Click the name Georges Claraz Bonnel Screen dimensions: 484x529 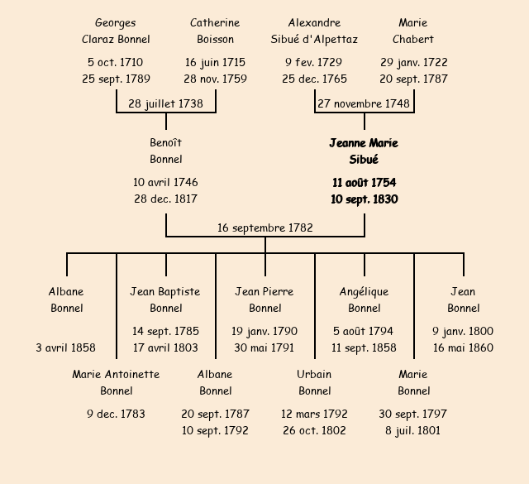coord(116,31)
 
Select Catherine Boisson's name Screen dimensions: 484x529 coord(215,31)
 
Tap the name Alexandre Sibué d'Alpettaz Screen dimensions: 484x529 coord(314,31)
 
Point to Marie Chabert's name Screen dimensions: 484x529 coord(413,31)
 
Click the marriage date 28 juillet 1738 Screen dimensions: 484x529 coord(165,104)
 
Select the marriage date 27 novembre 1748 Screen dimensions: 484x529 coord(364,104)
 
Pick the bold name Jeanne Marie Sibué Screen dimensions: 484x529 coord(364,151)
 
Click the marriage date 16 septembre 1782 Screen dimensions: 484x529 coord(264,228)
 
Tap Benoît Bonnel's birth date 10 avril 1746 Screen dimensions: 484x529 coord(165,182)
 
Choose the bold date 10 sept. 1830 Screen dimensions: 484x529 coord(364,199)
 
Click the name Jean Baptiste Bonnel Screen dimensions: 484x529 coord(165,300)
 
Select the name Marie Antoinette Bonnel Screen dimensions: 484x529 coord(116,382)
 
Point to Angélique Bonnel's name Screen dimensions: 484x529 coord(364,300)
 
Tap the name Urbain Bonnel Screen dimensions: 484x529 coord(314,382)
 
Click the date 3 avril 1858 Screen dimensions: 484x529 coord(66,347)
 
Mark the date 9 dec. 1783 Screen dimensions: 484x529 coord(116,414)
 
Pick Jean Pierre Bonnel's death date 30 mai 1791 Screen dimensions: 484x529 coord(264,347)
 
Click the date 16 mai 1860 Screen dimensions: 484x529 coord(463,347)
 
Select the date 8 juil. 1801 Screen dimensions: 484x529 coord(413,430)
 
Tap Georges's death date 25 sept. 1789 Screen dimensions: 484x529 coord(116,79)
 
